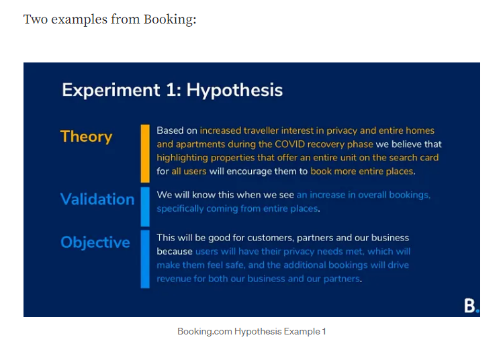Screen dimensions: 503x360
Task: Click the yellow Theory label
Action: tap(86, 137)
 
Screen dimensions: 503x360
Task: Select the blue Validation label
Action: tap(97, 199)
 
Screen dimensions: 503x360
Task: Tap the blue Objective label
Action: tap(95, 242)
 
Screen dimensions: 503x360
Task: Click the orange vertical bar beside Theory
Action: tap(145, 153)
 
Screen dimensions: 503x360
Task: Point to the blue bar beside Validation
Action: tap(145, 207)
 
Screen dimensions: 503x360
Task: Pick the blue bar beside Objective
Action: tap(145, 259)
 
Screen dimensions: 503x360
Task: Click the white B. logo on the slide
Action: tap(471, 306)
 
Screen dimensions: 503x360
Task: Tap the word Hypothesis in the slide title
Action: tap(234, 90)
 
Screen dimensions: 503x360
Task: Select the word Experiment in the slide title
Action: tap(111, 90)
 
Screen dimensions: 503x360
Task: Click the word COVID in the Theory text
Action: tap(289, 144)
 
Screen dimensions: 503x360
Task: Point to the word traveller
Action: tap(261, 130)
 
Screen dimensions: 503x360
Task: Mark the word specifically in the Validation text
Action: tap(180, 209)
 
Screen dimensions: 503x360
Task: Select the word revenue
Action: tap(173, 279)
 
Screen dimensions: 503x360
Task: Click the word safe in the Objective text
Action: tap(236, 265)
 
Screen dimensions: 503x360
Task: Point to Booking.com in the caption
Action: tap(205, 331)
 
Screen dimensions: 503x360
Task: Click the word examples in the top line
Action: tap(79, 19)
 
